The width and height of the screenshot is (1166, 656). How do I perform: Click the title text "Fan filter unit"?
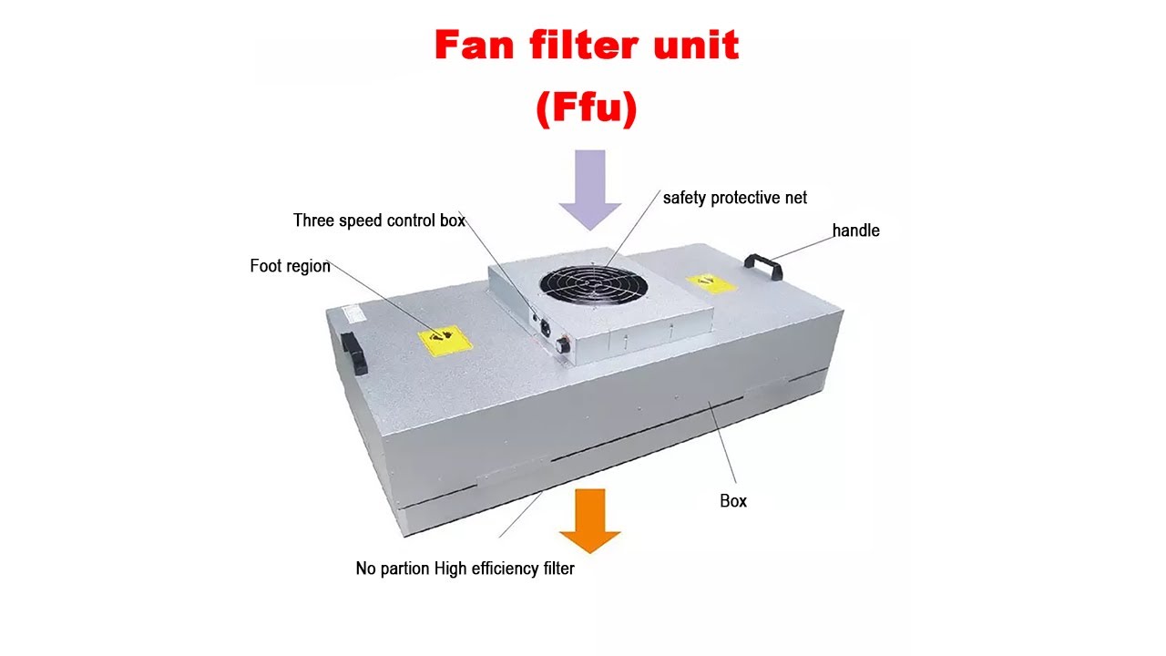tap(587, 46)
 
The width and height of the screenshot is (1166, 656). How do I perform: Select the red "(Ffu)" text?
tap(587, 108)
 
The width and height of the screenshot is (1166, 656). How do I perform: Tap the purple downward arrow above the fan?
tap(590, 190)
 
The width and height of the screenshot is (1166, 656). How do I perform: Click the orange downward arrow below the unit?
tap(589, 520)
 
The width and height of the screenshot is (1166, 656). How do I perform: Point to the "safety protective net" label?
tap(734, 198)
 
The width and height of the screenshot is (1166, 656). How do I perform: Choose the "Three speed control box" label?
tap(379, 220)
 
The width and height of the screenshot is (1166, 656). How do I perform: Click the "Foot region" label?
tap(290, 266)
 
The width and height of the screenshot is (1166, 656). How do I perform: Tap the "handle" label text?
tap(855, 231)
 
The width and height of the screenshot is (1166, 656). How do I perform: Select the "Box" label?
tap(733, 501)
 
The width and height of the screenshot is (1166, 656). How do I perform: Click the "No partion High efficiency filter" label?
tap(465, 569)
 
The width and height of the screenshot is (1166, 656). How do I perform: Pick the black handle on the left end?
tap(354, 353)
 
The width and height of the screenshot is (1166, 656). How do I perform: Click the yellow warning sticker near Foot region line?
tap(445, 341)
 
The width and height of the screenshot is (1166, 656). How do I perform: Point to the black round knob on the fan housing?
tap(562, 344)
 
